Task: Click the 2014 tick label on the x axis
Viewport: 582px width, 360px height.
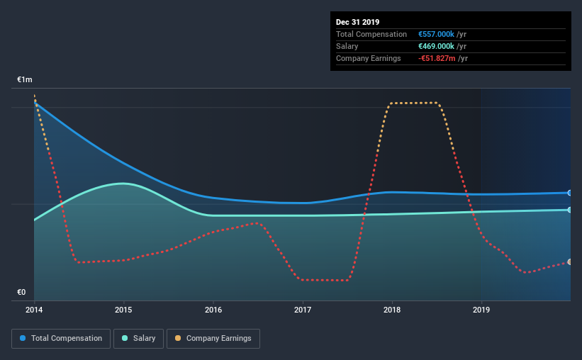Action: pos(34,310)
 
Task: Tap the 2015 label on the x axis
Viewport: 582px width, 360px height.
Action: pos(123,310)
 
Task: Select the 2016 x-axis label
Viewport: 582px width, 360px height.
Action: pos(213,310)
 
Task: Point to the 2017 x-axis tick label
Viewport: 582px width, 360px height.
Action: pos(303,310)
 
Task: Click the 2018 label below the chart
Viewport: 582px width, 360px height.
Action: pos(392,310)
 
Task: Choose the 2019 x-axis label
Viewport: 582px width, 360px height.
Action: pos(481,310)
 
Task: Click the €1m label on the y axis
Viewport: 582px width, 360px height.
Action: pos(25,80)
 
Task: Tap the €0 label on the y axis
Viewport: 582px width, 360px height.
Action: pos(21,293)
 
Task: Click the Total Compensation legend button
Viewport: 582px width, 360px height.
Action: pos(61,339)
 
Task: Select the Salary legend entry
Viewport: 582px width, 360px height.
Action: pos(138,339)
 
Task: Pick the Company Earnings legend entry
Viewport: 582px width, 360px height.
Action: pos(213,339)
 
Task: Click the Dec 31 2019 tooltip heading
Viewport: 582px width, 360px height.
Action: pos(357,22)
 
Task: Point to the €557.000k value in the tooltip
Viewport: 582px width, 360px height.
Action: pos(436,34)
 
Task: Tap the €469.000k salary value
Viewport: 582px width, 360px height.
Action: pos(436,46)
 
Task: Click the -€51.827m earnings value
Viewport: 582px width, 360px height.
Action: pos(437,58)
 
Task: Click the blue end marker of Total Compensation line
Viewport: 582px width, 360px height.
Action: pos(570,193)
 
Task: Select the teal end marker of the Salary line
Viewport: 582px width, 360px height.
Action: pos(570,210)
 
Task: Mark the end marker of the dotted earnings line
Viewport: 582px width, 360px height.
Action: pos(570,262)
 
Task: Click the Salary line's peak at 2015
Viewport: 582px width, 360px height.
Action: pos(123,184)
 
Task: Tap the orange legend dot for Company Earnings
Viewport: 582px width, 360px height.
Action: pos(178,338)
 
